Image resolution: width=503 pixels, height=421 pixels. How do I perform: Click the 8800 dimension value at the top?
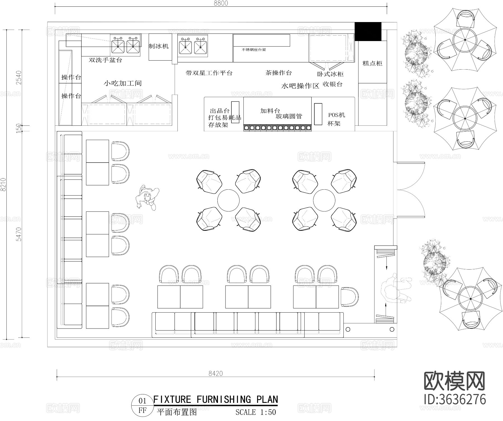point(221,3)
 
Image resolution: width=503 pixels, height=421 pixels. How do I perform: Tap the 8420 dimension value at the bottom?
point(215,373)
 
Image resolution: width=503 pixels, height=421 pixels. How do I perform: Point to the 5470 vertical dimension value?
point(18,234)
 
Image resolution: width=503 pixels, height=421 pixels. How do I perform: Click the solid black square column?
point(368,32)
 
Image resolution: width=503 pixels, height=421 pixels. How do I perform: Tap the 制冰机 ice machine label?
point(159,46)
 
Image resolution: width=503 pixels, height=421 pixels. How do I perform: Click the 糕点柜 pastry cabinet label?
point(372,63)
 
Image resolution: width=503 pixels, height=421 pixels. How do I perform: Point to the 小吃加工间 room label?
point(123,83)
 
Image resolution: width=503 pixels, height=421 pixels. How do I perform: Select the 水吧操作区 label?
point(300,86)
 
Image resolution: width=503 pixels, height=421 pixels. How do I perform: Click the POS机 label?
point(336,115)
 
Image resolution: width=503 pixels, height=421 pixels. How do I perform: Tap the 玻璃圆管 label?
point(289,116)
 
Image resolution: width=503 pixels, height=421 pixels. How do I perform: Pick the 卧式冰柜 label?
point(330,74)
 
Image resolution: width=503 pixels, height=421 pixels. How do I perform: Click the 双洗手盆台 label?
point(105,60)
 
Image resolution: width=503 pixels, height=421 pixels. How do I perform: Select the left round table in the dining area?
point(229,200)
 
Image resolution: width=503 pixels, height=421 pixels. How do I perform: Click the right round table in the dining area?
point(324,200)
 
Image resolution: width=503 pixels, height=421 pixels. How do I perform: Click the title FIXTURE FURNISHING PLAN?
point(216,399)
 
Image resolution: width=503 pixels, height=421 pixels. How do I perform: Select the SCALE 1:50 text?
point(256,412)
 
